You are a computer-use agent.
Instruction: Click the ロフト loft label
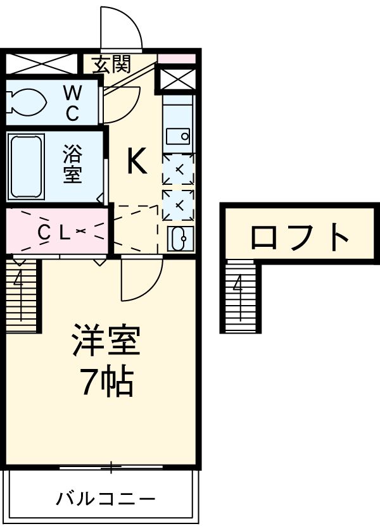(x=300, y=237)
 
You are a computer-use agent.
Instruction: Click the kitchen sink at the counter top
(x=178, y=135)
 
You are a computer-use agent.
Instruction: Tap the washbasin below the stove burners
(x=179, y=238)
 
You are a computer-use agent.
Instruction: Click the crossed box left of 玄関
(x=41, y=64)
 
